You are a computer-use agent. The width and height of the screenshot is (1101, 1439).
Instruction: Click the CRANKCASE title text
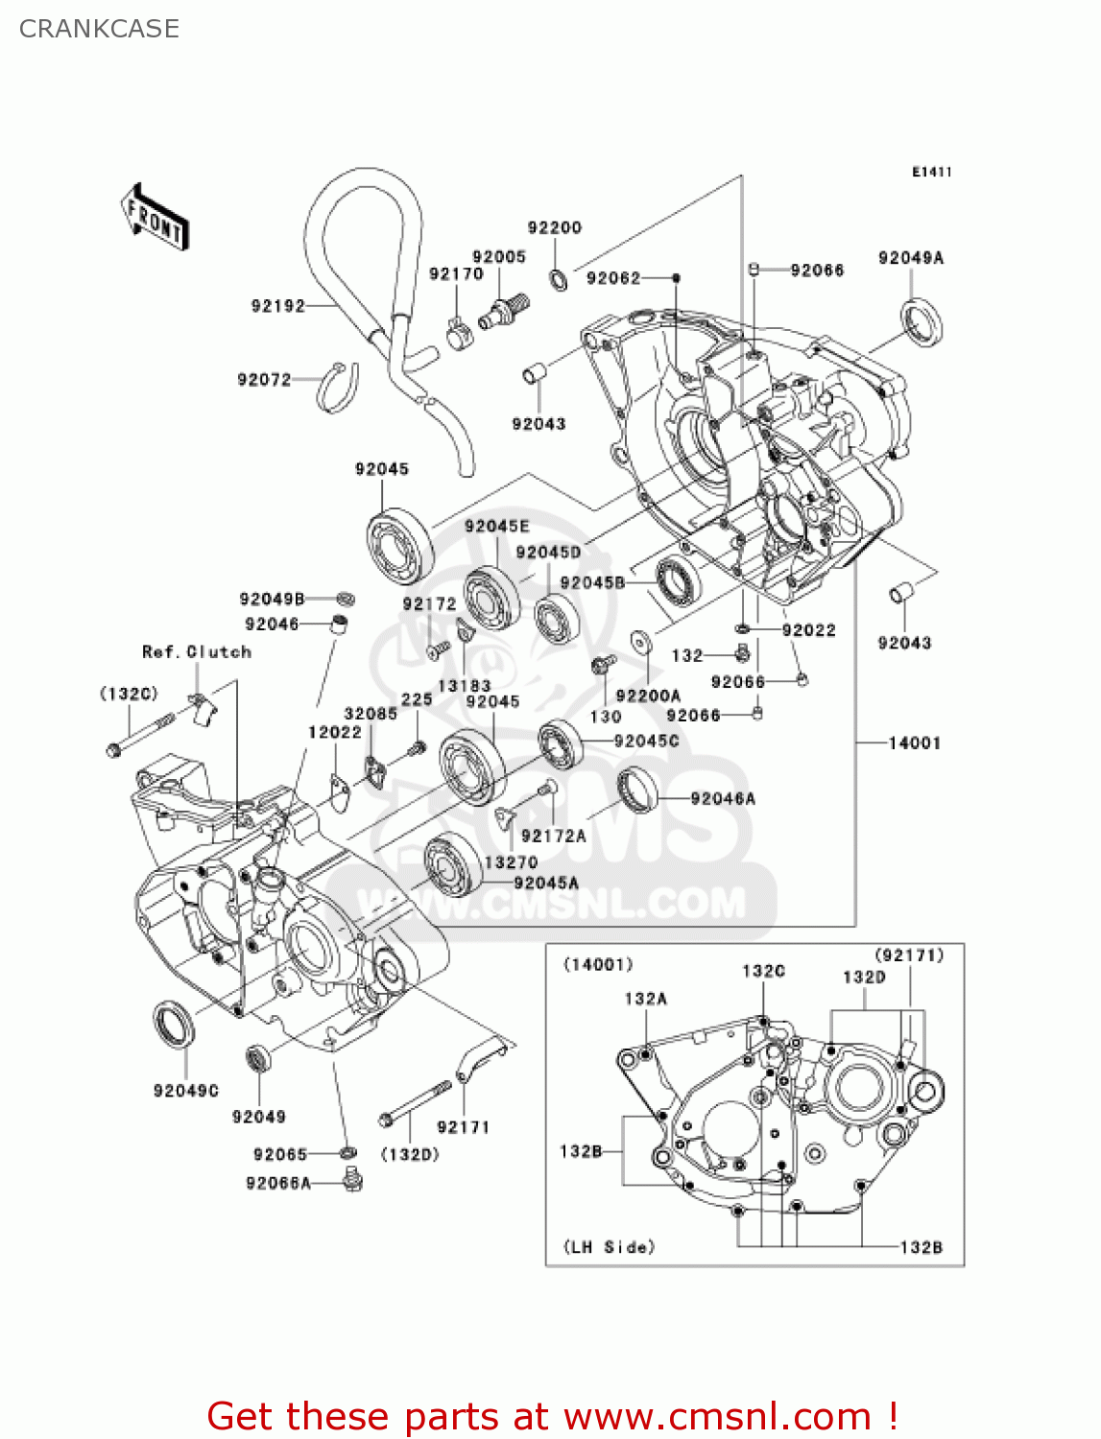(x=99, y=29)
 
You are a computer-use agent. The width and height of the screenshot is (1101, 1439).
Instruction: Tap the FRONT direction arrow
(x=155, y=217)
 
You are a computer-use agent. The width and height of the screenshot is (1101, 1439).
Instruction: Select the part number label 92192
(x=278, y=306)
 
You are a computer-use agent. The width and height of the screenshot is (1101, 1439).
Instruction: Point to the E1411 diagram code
(x=931, y=172)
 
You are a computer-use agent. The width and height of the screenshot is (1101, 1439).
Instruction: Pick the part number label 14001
(x=914, y=743)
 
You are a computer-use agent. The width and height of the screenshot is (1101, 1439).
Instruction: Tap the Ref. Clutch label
(x=197, y=651)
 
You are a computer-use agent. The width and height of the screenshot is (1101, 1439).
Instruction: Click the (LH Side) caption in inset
(x=610, y=1246)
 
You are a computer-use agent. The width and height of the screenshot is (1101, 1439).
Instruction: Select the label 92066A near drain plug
(x=278, y=1183)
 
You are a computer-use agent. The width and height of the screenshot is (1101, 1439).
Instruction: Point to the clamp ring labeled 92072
(x=338, y=389)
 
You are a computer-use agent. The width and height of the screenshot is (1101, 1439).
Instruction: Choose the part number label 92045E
(x=496, y=526)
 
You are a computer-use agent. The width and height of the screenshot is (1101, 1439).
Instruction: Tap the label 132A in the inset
(x=646, y=999)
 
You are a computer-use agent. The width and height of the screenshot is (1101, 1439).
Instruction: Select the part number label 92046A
(x=723, y=798)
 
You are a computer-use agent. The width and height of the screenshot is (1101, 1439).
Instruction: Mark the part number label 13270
(x=511, y=862)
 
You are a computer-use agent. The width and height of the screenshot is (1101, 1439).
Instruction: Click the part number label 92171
(x=463, y=1127)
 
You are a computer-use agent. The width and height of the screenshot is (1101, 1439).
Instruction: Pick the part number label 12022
(x=335, y=732)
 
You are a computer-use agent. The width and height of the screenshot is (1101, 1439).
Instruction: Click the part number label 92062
(x=613, y=278)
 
